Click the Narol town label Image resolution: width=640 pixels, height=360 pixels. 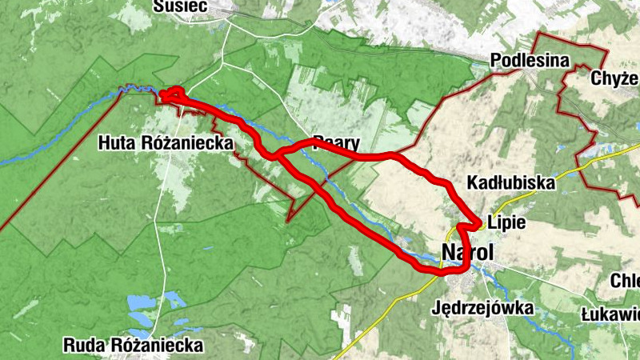(x=468, y=254)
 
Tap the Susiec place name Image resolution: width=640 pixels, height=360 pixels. (x=181, y=6)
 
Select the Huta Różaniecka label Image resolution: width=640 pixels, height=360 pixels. (x=166, y=143)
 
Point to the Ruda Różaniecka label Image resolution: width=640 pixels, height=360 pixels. (x=134, y=346)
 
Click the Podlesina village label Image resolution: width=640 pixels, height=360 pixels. (x=530, y=61)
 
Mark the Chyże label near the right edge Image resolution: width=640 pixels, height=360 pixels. (x=614, y=78)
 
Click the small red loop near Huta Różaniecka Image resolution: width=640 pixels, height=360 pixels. (x=173, y=95)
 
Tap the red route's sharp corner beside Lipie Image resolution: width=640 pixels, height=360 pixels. (x=478, y=222)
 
